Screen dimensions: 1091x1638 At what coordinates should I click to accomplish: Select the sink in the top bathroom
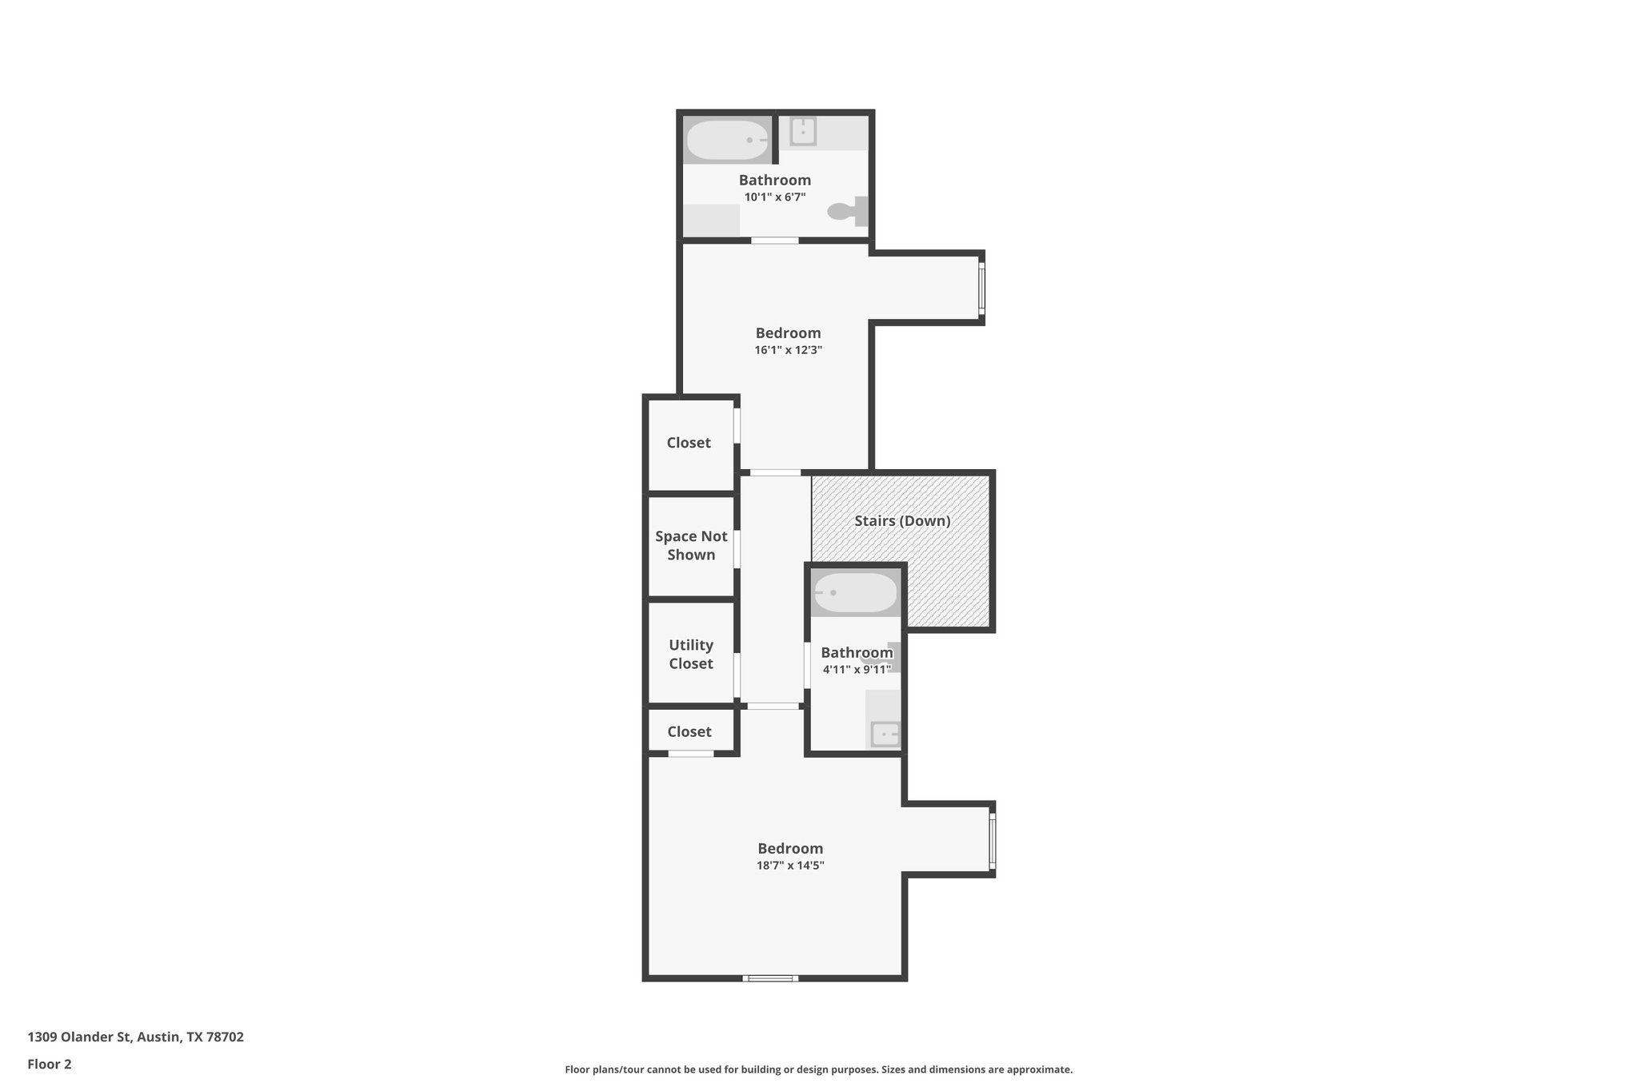tap(803, 131)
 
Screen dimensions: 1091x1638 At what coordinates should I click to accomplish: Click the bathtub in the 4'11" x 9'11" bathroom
tap(855, 593)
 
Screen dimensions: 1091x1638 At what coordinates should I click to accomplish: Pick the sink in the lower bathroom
tap(885, 734)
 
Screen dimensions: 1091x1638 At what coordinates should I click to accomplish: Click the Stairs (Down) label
tap(902, 521)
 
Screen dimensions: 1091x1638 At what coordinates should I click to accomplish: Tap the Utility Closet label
tap(691, 654)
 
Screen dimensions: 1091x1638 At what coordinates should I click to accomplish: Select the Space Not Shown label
tap(691, 545)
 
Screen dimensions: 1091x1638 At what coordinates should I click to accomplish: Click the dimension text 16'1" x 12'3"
tap(788, 350)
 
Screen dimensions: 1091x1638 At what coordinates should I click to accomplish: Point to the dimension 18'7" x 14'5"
tap(790, 866)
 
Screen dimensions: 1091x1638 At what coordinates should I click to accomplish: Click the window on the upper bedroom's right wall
tap(981, 289)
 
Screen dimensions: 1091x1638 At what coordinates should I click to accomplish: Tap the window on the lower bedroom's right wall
tap(993, 840)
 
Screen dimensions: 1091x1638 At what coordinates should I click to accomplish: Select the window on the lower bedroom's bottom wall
tap(770, 978)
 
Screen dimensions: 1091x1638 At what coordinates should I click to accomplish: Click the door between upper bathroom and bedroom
tap(774, 241)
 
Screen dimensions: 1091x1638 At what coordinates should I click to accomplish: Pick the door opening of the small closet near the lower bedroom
tap(691, 754)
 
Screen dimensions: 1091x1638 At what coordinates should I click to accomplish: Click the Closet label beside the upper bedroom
tap(689, 443)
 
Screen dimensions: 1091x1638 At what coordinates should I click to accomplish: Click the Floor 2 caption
tap(50, 1064)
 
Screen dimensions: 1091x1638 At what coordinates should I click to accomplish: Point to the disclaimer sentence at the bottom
tap(818, 1069)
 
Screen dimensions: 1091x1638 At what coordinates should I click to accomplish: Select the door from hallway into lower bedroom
tap(773, 707)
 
